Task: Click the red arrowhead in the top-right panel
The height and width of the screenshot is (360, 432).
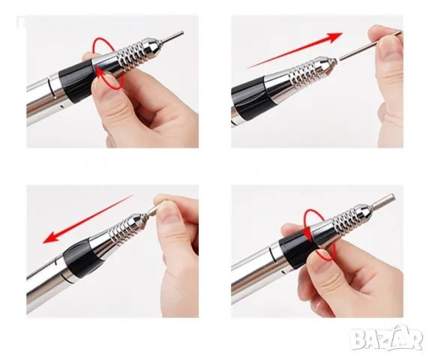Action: [334, 37]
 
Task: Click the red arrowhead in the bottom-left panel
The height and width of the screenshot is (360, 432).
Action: [51, 237]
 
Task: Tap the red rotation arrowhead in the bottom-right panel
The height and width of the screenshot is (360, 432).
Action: [307, 234]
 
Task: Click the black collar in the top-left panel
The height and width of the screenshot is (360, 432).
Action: [76, 82]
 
